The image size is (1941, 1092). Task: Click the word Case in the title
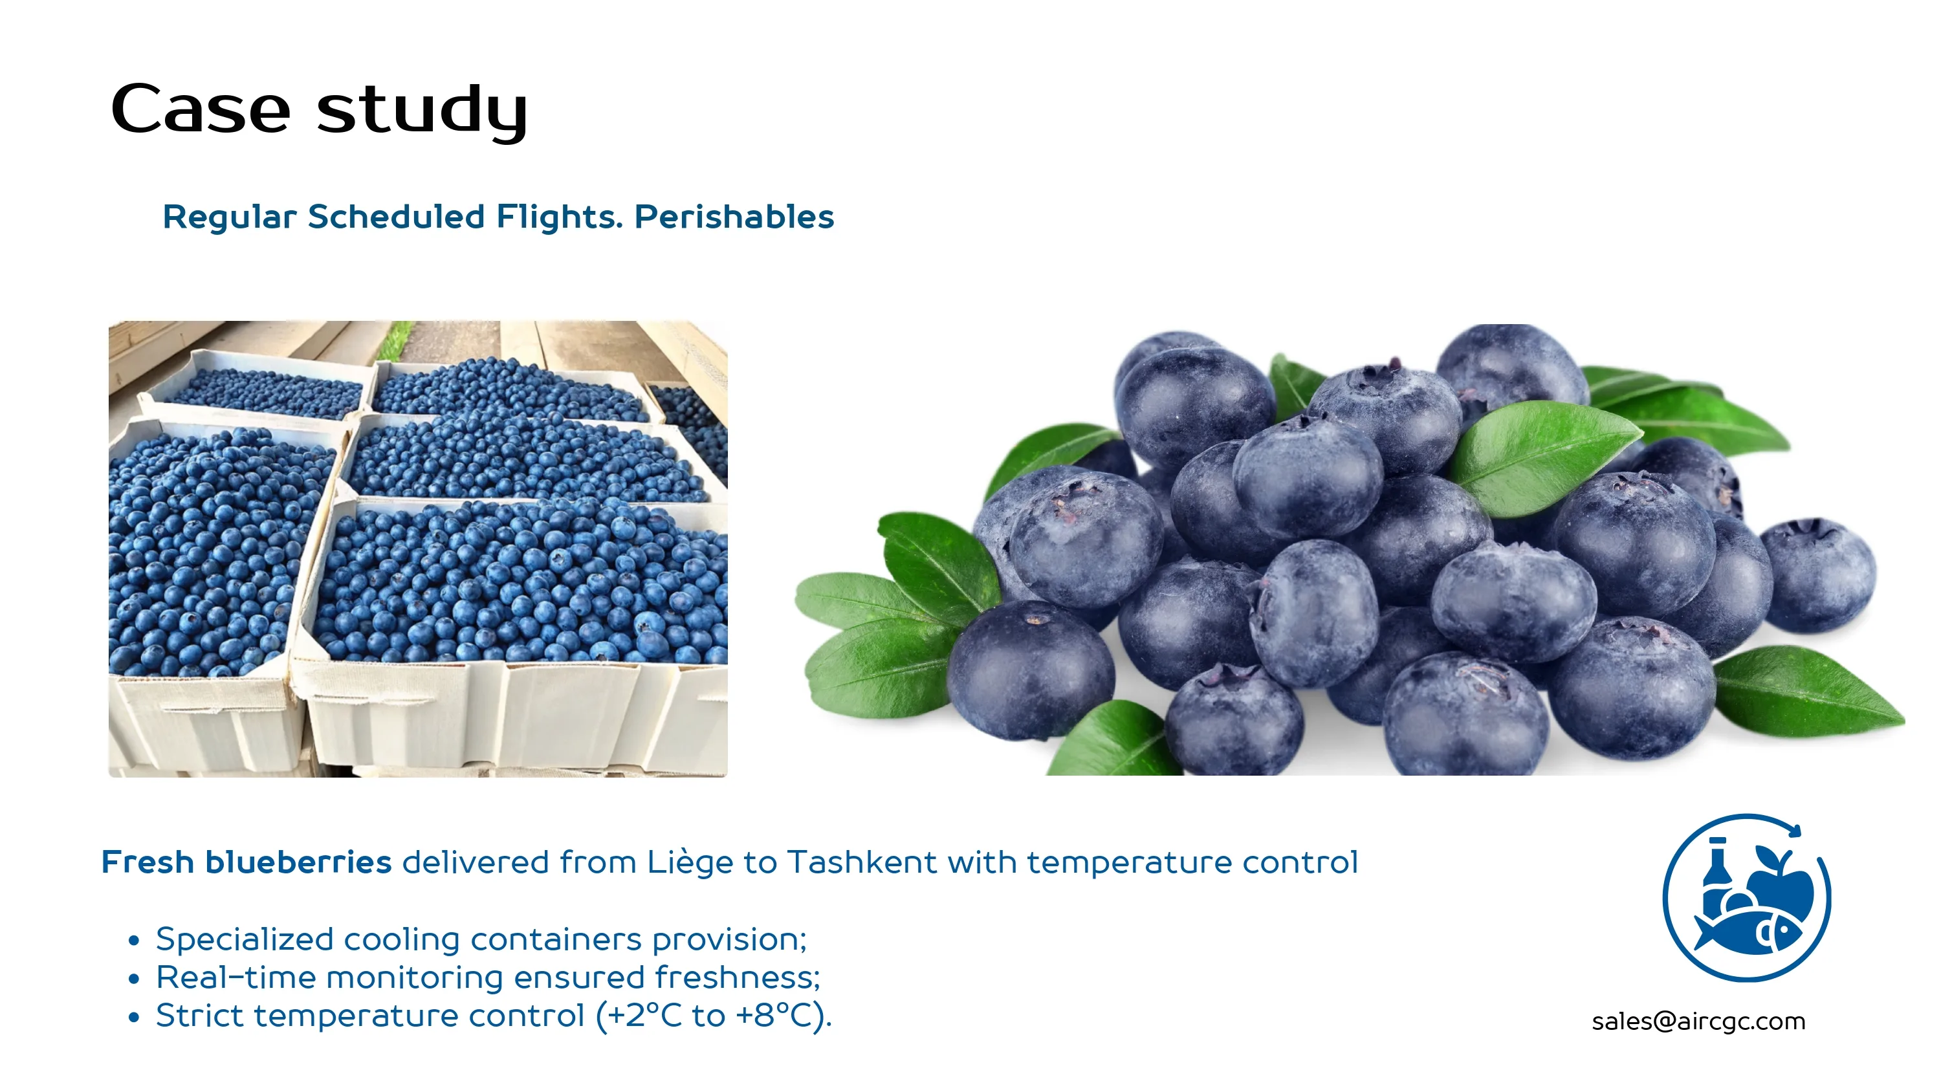(201, 109)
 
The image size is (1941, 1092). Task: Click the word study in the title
(422, 111)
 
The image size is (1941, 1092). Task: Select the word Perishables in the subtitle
(734, 217)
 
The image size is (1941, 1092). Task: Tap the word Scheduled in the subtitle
(397, 217)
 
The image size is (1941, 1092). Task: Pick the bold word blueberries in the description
(298, 862)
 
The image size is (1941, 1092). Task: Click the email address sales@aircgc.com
(1698, 1021)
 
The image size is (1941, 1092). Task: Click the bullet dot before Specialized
(134, 941)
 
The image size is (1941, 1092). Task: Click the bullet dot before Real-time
(134, 979)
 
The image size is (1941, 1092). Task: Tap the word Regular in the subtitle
(230, 218)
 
